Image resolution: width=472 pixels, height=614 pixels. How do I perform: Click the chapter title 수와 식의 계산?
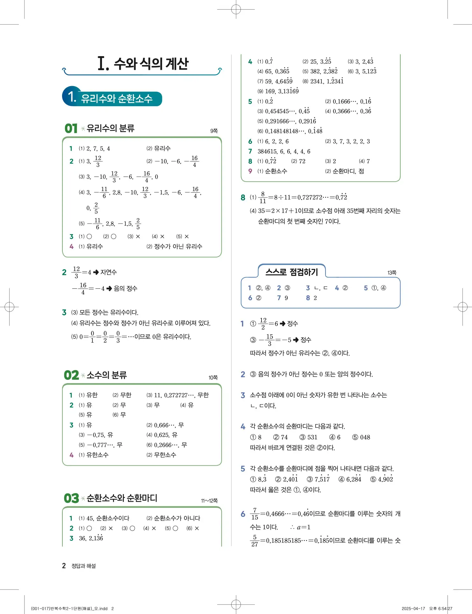point(151,63)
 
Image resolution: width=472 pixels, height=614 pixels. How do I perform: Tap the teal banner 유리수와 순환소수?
point(117,98)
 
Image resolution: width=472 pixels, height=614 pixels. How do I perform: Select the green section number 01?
point(71,129)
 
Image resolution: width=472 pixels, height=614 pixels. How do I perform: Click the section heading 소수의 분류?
point(107,375)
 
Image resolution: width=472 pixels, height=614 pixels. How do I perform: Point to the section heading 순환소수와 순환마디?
point(122,498)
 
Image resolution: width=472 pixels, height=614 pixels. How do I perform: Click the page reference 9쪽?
point(214,131)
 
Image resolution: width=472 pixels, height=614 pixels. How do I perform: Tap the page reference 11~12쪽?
point(209,500)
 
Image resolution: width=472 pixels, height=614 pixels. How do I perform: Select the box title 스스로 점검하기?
point(292,272)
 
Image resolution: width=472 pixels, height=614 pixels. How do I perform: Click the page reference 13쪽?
point(392,273)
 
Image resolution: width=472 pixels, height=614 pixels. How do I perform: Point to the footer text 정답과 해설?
point(83,566)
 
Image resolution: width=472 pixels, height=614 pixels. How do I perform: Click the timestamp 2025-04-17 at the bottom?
point(413,609)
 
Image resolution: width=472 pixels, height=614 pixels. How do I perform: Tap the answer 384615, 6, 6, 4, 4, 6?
point(284,152)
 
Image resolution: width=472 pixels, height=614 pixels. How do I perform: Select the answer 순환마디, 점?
point(348,171)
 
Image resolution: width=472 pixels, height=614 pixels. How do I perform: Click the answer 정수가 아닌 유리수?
point(178,246)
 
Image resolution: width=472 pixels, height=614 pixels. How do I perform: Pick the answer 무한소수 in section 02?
point(165,455)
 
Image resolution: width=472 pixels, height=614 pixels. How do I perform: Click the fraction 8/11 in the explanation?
point(262,197)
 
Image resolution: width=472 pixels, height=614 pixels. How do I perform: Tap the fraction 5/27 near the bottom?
point(254,541)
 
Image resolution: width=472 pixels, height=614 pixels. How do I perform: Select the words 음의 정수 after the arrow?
point(125,288)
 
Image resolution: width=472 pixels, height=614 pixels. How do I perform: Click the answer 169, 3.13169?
point(282,91)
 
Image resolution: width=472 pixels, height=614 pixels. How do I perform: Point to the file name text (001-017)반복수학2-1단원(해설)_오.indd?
point(69,609)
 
